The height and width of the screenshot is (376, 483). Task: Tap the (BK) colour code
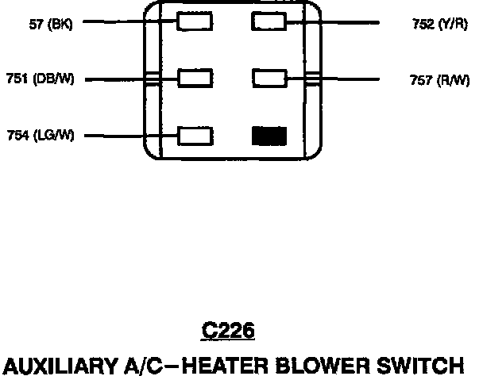click(60, 24)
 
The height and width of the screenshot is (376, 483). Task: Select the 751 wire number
click(17, 79)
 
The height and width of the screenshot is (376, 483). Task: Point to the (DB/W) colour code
click(53, 79)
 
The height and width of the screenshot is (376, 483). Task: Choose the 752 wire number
click(423, 24)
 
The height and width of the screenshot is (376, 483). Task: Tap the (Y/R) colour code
click(452, 24)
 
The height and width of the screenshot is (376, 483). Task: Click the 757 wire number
click(420, 79)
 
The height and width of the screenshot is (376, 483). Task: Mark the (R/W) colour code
click(450, 79)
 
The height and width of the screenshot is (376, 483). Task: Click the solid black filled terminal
click(269, 136)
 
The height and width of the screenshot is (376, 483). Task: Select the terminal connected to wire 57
click(195, 22)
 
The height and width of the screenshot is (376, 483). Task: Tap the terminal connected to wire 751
click(195, 79)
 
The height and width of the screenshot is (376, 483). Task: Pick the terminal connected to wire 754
click(195, 136)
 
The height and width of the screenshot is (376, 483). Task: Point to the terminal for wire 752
click(269, 22)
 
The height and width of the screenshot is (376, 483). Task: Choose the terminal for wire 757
click(269, 79)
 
